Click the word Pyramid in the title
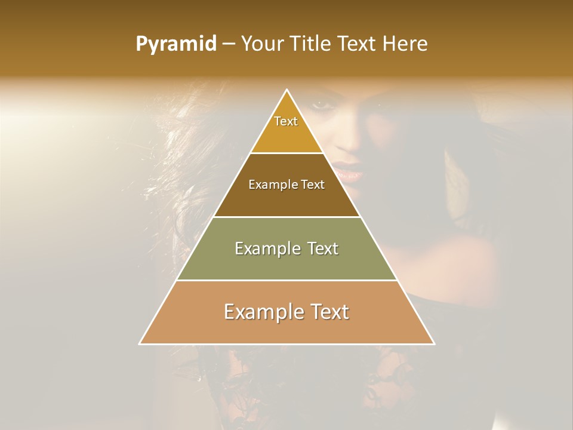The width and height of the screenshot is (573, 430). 175,44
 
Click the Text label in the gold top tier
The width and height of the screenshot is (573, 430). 286,121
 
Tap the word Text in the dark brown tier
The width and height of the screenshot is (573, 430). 313,185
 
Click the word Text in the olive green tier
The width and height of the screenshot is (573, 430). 323,248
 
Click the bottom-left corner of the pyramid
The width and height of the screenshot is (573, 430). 140,343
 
